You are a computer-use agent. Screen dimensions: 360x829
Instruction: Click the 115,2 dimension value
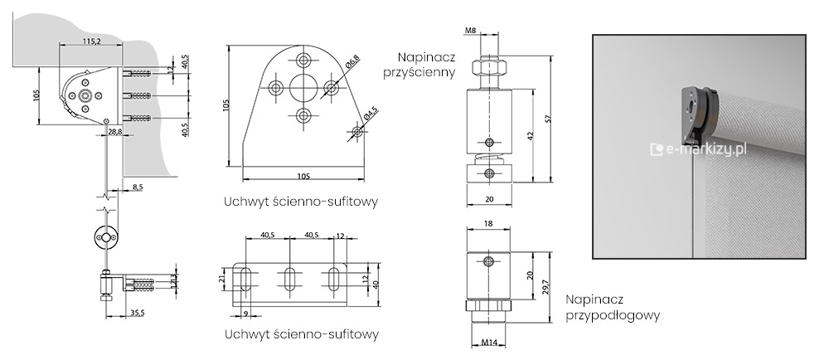92,41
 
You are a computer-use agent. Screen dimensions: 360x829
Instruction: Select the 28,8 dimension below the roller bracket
114,132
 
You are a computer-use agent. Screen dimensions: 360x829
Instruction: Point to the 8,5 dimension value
138,188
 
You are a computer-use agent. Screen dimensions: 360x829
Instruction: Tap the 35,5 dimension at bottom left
138,313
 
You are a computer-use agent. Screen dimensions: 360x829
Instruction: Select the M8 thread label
471,32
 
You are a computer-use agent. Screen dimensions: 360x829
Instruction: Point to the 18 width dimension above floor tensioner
487,224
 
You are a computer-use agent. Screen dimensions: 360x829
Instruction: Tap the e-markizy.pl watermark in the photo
701,148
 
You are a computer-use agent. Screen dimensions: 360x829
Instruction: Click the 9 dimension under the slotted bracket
246,312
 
